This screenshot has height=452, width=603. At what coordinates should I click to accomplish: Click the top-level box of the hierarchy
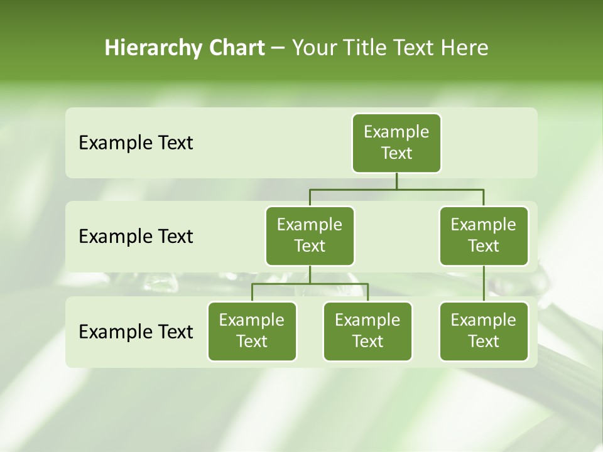(396, 143)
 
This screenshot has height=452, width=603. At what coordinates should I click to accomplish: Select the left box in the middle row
(310, 236)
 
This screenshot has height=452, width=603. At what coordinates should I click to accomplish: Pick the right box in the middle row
(484, 236)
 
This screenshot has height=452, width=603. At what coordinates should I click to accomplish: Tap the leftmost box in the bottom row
(252, 331)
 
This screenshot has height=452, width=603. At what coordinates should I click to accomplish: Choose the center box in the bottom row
(367, 331)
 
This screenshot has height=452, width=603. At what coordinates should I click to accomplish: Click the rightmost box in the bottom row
(484, 331)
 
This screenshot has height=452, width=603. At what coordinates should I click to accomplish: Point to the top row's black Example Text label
(136, 143)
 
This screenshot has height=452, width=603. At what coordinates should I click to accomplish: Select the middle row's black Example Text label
(136, 237)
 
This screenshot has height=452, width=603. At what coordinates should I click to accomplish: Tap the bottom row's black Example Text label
(136, 331)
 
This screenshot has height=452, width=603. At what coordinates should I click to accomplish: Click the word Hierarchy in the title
(149, 48)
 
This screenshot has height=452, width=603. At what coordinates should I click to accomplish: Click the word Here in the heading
(464, 48)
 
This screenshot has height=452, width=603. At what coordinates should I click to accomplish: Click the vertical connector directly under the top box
(396, 181)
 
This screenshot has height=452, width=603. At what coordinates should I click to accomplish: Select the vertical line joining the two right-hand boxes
(484, 284)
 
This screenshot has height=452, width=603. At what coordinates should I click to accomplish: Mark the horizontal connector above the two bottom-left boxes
(310, 284)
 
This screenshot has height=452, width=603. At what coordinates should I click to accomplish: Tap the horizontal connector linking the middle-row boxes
(396, 189)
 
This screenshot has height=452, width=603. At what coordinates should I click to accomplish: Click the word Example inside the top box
(396, 132)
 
